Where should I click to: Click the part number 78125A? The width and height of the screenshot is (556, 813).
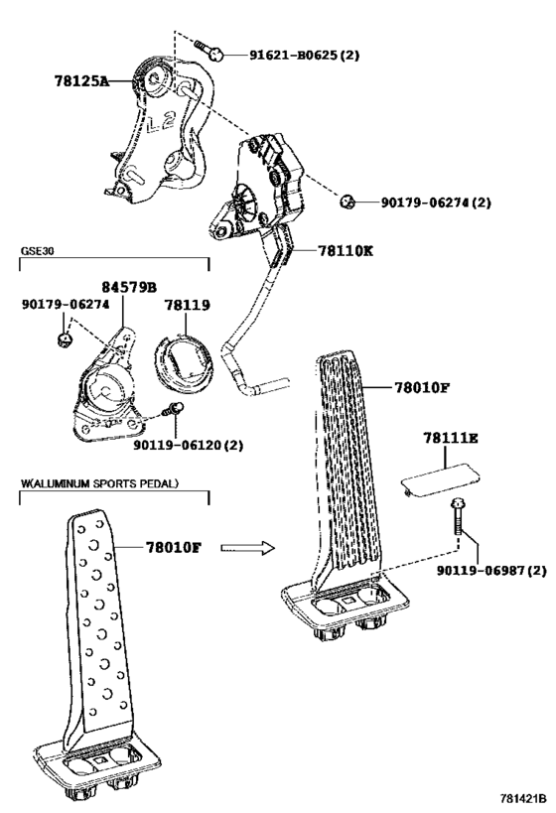82,80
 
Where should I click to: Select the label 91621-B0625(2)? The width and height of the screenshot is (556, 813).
305,55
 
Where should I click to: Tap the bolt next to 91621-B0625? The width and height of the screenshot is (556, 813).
209,50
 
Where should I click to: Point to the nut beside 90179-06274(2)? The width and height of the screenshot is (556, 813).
347,201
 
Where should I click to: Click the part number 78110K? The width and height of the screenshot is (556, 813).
346,251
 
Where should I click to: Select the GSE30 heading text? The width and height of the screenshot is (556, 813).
38,251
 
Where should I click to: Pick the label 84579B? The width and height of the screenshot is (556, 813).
129,287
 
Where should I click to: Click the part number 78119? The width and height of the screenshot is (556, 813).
188,305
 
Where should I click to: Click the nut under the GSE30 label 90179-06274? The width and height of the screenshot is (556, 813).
64,339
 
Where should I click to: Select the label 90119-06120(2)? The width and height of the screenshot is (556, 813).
189,445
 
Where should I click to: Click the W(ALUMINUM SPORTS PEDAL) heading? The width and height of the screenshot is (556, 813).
99,483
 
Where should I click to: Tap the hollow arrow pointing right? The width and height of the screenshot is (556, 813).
247,548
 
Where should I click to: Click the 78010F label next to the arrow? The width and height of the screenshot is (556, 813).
173,547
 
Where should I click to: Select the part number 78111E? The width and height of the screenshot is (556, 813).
451,438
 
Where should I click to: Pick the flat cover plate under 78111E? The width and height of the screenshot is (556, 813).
441,480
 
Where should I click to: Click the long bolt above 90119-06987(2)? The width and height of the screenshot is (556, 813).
458,517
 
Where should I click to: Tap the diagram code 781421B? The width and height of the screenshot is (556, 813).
524,797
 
